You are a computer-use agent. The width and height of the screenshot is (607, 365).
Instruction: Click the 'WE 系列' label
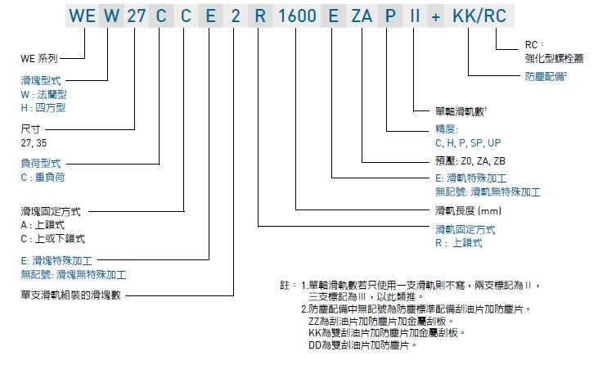click(38, 60)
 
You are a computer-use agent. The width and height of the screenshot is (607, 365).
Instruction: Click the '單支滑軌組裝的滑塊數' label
click(70, 294)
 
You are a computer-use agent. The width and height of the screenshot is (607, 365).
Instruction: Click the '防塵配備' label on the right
click(546, 76)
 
